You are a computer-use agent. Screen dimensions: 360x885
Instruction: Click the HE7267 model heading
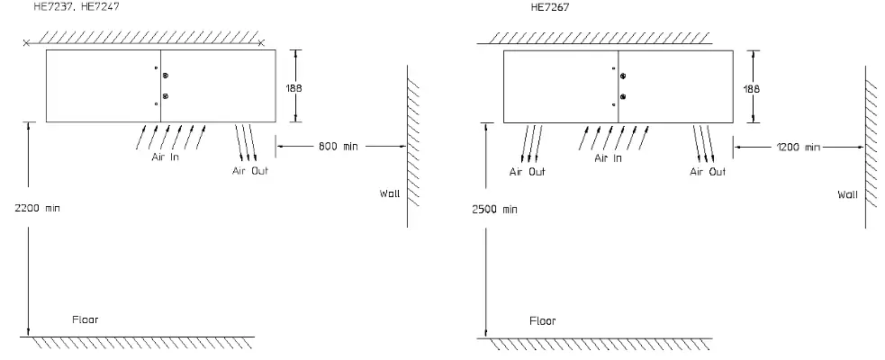pyautogui.click(x=549, y=6)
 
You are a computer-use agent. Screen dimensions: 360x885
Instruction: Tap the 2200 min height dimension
pyautogui.click(x=37, y=208)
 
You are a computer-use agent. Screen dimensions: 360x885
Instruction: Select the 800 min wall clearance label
pyautogui.click(x=337, y=146)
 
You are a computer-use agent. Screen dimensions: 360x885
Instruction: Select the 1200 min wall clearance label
pyautogui.click(x=798, y=146)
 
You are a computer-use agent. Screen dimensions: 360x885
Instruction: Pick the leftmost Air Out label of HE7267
pyautogui.click(x=527, y=171)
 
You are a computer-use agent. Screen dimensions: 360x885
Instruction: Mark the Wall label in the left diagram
pyautogui.click(x=389, y=193)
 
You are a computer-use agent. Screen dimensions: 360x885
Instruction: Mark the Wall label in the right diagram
pyautogui.click(x=847, y=193)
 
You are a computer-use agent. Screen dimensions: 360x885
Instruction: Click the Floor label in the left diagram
pyautogui.click(x=85, y=319)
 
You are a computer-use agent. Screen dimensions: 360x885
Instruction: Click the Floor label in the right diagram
pyautogui.click(x=542, y=320)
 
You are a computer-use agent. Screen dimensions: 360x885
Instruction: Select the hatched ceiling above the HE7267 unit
pyautogui.click(x=594, y=38)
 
